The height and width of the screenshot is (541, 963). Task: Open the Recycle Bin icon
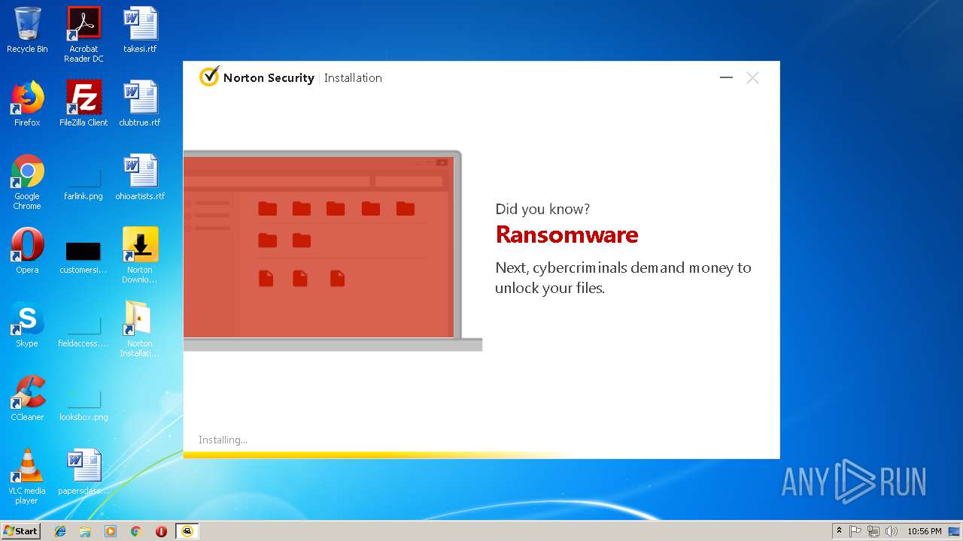coord(27,24)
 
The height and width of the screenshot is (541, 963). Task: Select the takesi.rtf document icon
coord(140,24)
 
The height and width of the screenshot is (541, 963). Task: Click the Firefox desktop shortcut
coord(27,98)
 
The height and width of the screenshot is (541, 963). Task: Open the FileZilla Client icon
coord(84,98)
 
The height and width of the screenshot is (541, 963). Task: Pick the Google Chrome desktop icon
coord(27,171)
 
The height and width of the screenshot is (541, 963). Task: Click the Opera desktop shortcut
coord(27,245)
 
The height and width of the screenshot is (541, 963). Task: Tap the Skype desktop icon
coord(27,319)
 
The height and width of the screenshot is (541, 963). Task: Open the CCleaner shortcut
coord(27,392)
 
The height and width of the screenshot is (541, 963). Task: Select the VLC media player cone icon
coord(27,466)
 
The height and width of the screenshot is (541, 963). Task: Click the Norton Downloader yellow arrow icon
coord(140,245)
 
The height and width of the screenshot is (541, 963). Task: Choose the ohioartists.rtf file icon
coord(140,171)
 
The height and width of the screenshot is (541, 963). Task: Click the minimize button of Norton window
coord(726,78)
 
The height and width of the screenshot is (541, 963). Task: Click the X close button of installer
coord(752,78)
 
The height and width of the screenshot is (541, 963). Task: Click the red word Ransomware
coord(567,235)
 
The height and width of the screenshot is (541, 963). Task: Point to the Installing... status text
coord(223,440)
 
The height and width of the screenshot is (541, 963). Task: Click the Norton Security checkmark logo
coord(208,77)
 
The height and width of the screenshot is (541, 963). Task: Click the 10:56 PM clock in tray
coord(924,531)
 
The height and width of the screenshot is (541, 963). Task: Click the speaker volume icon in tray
coord(892,531)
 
